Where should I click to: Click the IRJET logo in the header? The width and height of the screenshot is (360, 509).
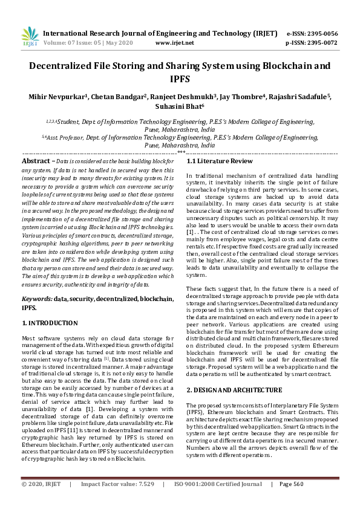click(30, 37)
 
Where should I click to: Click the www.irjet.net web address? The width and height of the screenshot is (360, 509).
click(175, 43)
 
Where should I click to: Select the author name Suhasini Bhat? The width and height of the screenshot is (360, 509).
click(179, 107)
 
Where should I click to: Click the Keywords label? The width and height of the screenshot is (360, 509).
click(37, 299)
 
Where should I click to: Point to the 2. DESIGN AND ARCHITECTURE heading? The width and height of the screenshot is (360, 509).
click(234, 390)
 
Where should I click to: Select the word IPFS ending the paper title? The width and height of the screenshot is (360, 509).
click(180, 79)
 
